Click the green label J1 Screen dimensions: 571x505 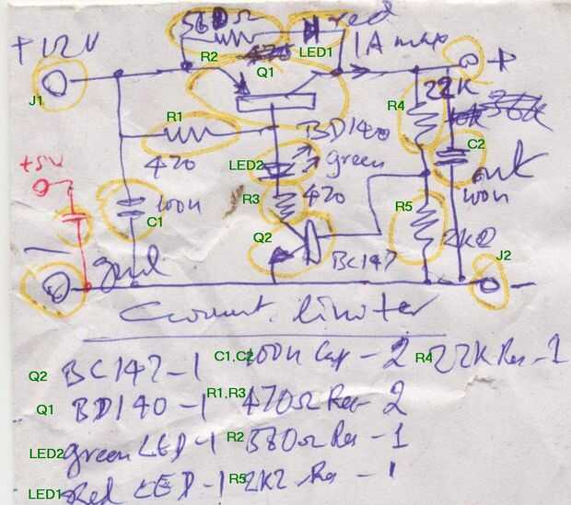(x=35, y=99)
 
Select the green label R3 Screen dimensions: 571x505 (x=251, y=199)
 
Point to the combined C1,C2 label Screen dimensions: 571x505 (x=234, y=356)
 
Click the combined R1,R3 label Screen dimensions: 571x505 (x=226, y=393)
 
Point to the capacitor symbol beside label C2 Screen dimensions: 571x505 (x=451, y=155)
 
